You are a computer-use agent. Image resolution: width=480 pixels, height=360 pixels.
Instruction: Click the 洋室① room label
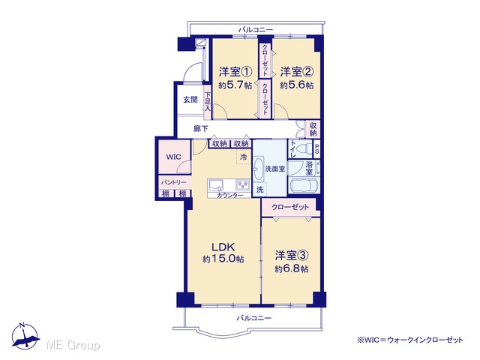click(235, 72)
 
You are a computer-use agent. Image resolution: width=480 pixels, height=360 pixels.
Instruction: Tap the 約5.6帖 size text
click(297, 85)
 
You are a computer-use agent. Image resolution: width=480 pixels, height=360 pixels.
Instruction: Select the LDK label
click(223, 247)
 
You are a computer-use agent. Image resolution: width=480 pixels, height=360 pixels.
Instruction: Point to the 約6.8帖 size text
click(292, 268)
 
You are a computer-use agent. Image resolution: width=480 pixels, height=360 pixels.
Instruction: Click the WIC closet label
click(173, 157)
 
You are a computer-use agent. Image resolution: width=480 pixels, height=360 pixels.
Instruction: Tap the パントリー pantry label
click(174, 182)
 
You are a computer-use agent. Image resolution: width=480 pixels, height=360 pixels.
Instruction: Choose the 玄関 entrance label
click(190, 100)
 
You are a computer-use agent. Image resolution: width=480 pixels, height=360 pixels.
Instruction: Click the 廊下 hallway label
click(200, 129)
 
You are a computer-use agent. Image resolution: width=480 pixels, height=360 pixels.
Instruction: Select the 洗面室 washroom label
click(275, 169)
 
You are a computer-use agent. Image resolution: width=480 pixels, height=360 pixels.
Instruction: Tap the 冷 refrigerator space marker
click(243, 157)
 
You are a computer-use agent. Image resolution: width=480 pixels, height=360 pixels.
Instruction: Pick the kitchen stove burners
click(243, 184)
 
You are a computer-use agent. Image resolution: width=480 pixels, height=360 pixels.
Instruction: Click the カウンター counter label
click(230, 195)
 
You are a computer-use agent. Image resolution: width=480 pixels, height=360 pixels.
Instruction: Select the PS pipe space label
click(316, 149)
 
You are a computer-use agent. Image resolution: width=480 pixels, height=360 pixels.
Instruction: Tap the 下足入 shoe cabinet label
click(208, 102)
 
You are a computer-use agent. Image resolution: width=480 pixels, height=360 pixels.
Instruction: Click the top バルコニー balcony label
click(256, 30)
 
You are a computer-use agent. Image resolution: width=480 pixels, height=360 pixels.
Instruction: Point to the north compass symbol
click(25, 337)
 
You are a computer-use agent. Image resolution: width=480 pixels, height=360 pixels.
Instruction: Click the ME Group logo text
click(73, 345)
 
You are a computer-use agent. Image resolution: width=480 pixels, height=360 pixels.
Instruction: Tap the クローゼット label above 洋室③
click(290, 207)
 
